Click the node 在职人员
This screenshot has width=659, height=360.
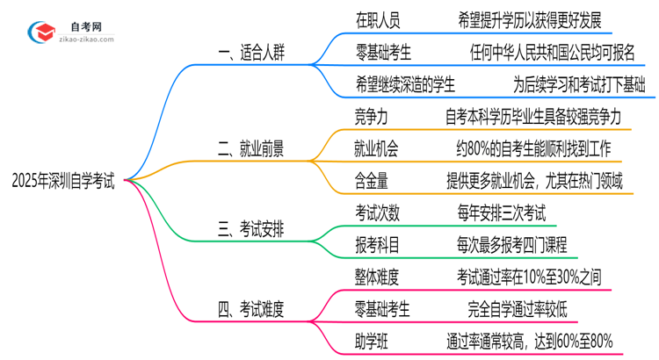[x=379, y=18]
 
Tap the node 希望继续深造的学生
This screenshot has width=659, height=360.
[x=405, y=84]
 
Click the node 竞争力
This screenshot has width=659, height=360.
[x=373, y=116]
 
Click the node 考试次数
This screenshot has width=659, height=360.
[x=379, y=212]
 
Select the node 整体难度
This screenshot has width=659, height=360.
[x=379, y=277]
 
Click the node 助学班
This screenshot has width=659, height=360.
[x=373, y=341]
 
